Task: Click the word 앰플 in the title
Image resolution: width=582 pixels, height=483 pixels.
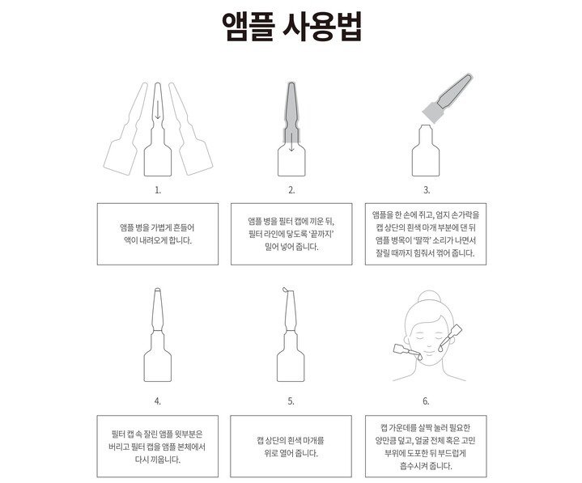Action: pos(249,27)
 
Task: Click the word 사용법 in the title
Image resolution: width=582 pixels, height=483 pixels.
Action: pos(322,27)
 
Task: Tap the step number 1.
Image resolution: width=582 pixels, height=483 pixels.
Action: pos(158,190)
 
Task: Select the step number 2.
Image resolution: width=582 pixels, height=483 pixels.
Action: pos(291,190)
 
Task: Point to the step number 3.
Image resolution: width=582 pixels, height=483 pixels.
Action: pos(427,190)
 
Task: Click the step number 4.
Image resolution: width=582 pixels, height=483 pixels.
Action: pos(158,401)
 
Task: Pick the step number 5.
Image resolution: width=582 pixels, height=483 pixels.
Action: pos(291,401)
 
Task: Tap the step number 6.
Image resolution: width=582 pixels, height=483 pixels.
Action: pos(426,401)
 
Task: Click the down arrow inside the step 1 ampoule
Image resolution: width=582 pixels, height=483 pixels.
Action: pos(158,110)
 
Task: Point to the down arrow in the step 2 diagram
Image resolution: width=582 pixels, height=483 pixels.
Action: pos(291,142)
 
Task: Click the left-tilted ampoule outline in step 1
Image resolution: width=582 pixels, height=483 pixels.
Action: pos(125,129)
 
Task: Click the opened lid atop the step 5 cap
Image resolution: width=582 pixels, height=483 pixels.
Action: pos(286,290)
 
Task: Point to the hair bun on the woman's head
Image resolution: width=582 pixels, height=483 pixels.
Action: pos(429,296)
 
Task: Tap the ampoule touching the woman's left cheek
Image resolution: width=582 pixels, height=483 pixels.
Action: pos(450,338)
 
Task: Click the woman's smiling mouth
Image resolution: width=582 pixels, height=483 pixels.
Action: pos(429,352)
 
